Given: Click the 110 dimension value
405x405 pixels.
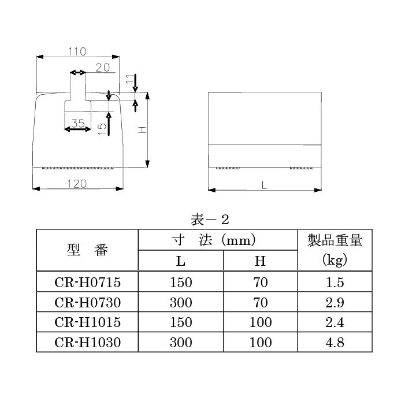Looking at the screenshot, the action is (x=77, y=51).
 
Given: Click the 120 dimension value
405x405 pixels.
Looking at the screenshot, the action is (x=77, y=183).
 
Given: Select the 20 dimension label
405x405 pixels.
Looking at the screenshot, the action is (x=102, y=68).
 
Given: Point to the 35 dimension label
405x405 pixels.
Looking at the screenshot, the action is (x=77, y=122).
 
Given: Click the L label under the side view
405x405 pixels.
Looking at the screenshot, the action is (x=264, y=185).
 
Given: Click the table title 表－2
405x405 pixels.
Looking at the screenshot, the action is (x=210, y=220).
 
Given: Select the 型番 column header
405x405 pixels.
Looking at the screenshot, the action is (x=87, y=250).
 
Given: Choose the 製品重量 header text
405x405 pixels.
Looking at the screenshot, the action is (x=335, y=240).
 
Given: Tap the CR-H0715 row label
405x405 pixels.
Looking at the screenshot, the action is (x=88, y=283).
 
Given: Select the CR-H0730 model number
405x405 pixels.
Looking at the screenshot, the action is (x=88, y=303).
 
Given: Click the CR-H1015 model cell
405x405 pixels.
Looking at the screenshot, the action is (x=88, y=322).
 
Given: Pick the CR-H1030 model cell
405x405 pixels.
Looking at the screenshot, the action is (x=88, y=343).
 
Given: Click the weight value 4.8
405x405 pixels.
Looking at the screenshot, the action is (x=335, y=343).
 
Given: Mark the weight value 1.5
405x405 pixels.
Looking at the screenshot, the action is (x=335, y=283).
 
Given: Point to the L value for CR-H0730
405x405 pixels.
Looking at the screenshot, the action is (x=181, y=303).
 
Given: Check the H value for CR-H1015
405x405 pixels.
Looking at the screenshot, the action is (x=260, y=322).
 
